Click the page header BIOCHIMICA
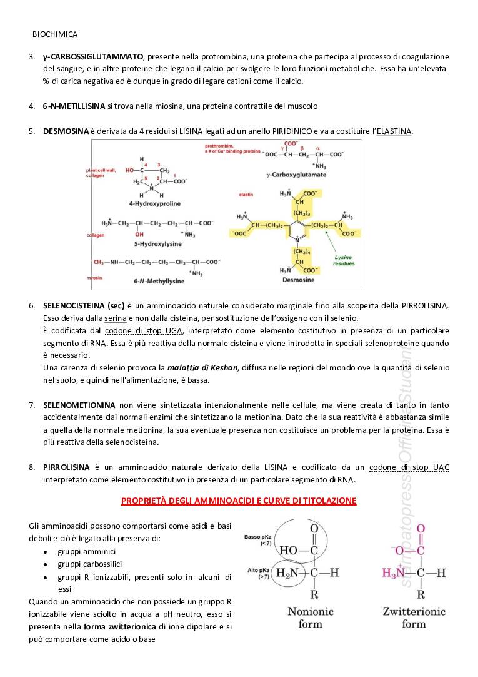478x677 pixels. click(55, 34)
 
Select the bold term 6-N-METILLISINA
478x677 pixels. click(74, 106)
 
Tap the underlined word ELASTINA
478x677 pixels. click(394, 131)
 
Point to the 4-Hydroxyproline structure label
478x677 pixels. click(154, 204)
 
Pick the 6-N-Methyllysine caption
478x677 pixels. click(159, 282)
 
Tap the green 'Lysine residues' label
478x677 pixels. click(344, 260)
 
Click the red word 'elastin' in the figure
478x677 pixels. click(246, 195)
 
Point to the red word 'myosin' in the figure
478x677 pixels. click(94, 277)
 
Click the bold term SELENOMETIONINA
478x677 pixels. click(79, 405)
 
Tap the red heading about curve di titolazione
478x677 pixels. click(239, 501)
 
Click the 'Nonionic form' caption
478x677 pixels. click(311, 617)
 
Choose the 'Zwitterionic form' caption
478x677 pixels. click(413, 617)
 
